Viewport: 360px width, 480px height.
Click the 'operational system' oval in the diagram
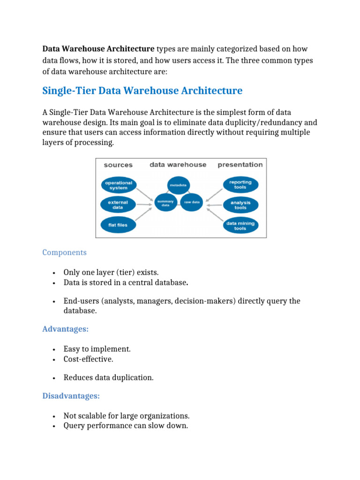[118, 185]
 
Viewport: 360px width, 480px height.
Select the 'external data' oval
[118, 205]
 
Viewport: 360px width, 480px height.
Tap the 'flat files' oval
[118, 225]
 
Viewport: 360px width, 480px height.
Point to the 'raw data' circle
[192, 202]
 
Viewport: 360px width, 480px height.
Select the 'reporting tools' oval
[240, 184]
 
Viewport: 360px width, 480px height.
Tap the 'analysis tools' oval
[240, 205]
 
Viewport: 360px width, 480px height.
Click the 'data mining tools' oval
[240, 225]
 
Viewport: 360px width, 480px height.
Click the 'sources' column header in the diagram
[118, 165]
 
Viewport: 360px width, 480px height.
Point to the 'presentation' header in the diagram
[240, 165]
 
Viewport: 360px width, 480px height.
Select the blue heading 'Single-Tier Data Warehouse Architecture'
[142, 90]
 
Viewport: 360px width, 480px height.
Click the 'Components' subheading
[64, 252]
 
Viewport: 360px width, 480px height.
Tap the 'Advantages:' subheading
[65, 329]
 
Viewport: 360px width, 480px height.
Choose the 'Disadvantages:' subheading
[71, 396]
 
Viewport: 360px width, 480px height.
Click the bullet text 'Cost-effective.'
[89, 359]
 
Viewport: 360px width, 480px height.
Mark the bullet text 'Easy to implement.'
[97, 349]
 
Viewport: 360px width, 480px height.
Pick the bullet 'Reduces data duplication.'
[108, 377]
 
